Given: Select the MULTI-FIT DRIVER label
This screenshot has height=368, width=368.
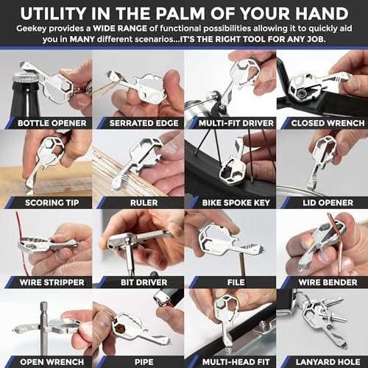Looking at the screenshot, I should click(230, 122).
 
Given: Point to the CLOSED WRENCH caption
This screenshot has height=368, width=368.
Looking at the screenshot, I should click(322, 122).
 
